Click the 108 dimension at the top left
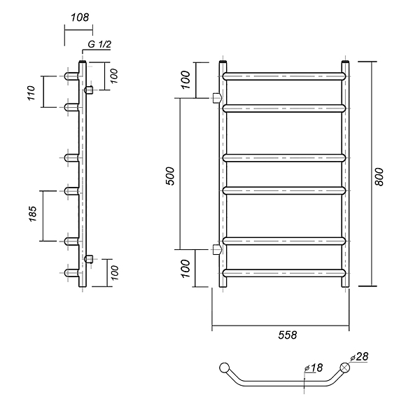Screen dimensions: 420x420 pyautogui.click(x=80, y=17)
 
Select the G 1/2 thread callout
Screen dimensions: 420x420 pyautogui.click(x=99, y=44)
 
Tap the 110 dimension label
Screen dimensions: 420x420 pyautogui.click(x=31, y=92)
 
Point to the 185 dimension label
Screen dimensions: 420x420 pyautogui.click(x=32, y=213)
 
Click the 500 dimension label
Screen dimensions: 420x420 pyautogui.click(x=170, y=176)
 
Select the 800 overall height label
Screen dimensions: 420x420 pyautogui.click(x=379, y=177)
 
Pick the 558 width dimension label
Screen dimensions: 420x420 pyautogui.click(x=288, y=335)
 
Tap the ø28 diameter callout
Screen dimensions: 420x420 pyautogui.click(x=359, y=357)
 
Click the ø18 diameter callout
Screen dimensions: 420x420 pyautogui.click(x=314, y=368)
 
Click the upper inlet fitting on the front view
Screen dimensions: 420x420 pyautogui.click(x=217, y=98)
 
